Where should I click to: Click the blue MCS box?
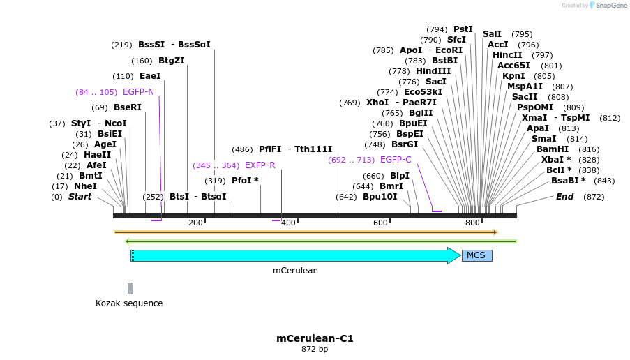(477, 255)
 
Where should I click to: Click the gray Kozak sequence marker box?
(130, 288)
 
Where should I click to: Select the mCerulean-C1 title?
(315, 338)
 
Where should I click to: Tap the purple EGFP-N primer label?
(138, 92)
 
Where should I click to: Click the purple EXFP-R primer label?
(260, 165)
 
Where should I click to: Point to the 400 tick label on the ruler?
(287, 223)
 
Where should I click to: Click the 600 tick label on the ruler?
(380, 223)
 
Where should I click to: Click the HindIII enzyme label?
(433, 71)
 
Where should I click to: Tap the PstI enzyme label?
(463, 29)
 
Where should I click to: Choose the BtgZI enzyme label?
(171, 61)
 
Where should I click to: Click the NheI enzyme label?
(85, 186)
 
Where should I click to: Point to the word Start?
(80, 197)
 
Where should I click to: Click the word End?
(564, 197)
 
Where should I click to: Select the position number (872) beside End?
(594, 197)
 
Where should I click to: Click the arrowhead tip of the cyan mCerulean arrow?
(460, 255)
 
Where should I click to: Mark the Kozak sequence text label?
(129, 303)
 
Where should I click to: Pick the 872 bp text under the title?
(315, 349)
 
